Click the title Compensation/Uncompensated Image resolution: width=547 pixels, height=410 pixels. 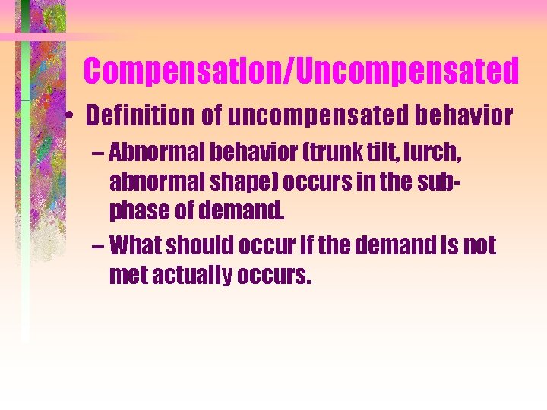[301, 71]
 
